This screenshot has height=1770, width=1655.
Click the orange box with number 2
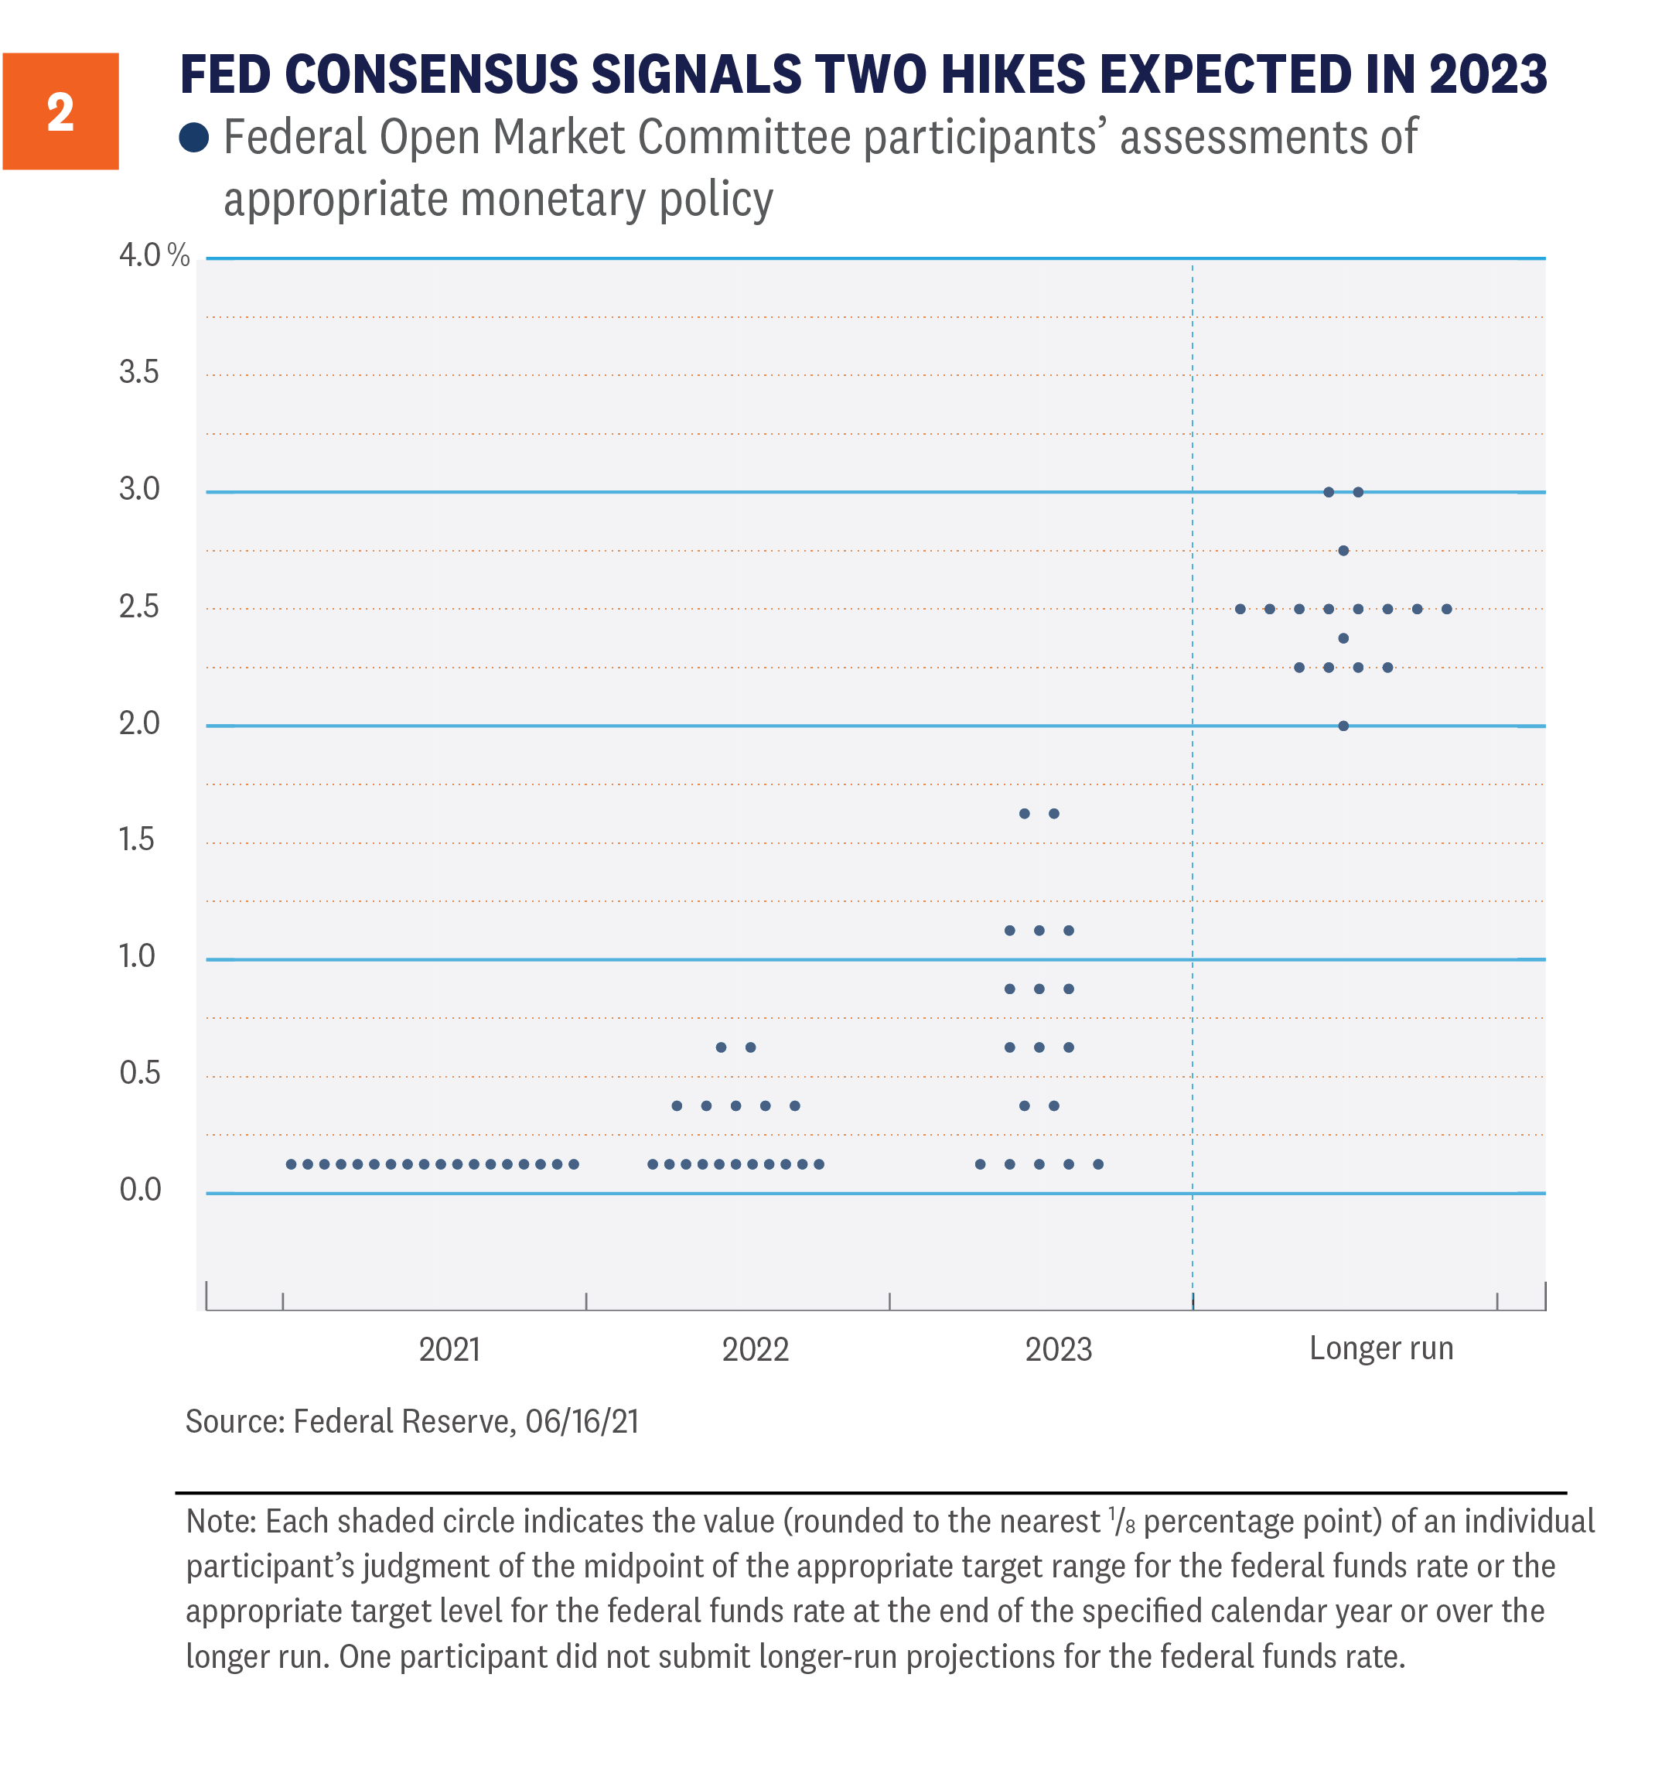point(60,111)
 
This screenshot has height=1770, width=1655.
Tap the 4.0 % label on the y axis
point(153,255)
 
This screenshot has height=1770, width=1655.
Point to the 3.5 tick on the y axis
point(139,372)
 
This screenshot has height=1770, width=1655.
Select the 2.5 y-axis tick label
point(139,607)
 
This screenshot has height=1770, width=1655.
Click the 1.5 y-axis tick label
point(137,839)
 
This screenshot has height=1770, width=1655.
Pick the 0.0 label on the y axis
point(140,1190)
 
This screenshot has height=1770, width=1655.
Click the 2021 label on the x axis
point(449,1350)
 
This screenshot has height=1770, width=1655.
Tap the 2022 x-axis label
point(755,1350)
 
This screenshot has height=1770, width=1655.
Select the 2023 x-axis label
point(1058,1350)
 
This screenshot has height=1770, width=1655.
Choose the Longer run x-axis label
point(1380,1349)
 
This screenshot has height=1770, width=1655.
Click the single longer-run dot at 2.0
point(1343,726)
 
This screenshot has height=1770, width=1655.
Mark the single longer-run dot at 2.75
point(1343,551)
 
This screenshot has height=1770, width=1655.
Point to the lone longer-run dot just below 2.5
point(1343,638)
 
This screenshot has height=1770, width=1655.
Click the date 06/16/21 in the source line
point(582,1422)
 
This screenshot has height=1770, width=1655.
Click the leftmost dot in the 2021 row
point(291,1164)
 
